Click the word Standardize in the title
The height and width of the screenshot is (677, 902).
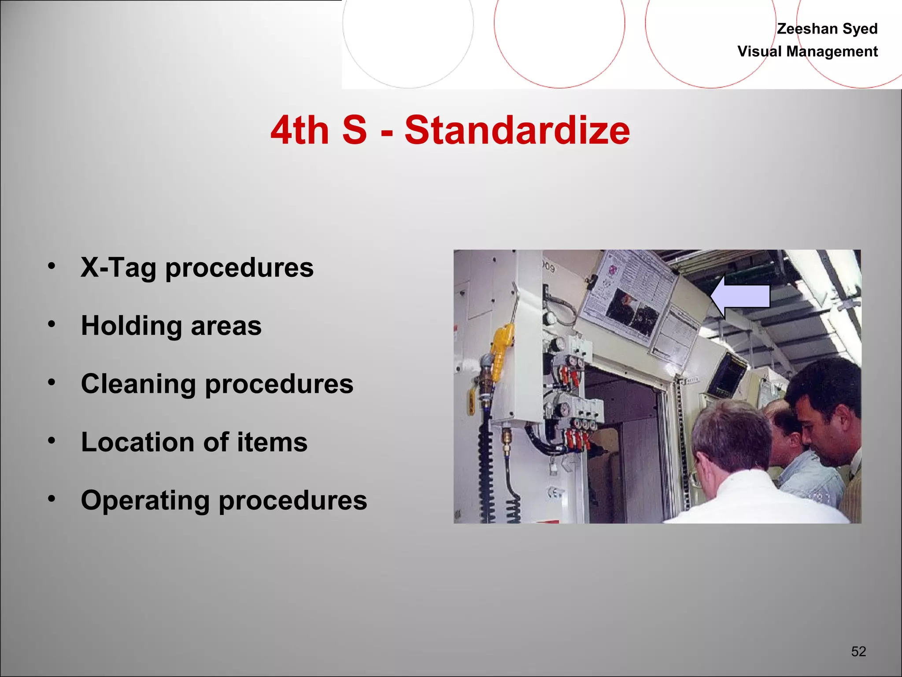(x=517, y=130)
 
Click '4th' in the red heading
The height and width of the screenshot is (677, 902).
(x=300, y=131)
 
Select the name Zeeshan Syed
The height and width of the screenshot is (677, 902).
(x=827, y=29)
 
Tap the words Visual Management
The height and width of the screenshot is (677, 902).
(x=807, y=52)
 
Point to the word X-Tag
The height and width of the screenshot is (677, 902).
(x=118, y=268)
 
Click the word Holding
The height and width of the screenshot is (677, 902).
(x=131, y=326)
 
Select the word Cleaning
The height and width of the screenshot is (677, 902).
(x=138, y=384)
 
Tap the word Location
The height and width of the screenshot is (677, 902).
(x=137, y=442)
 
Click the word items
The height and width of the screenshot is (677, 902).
(x=272, y=442)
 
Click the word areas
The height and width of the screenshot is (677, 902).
(x=226, y=326)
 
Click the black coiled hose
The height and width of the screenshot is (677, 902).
(x=486, y=476)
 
